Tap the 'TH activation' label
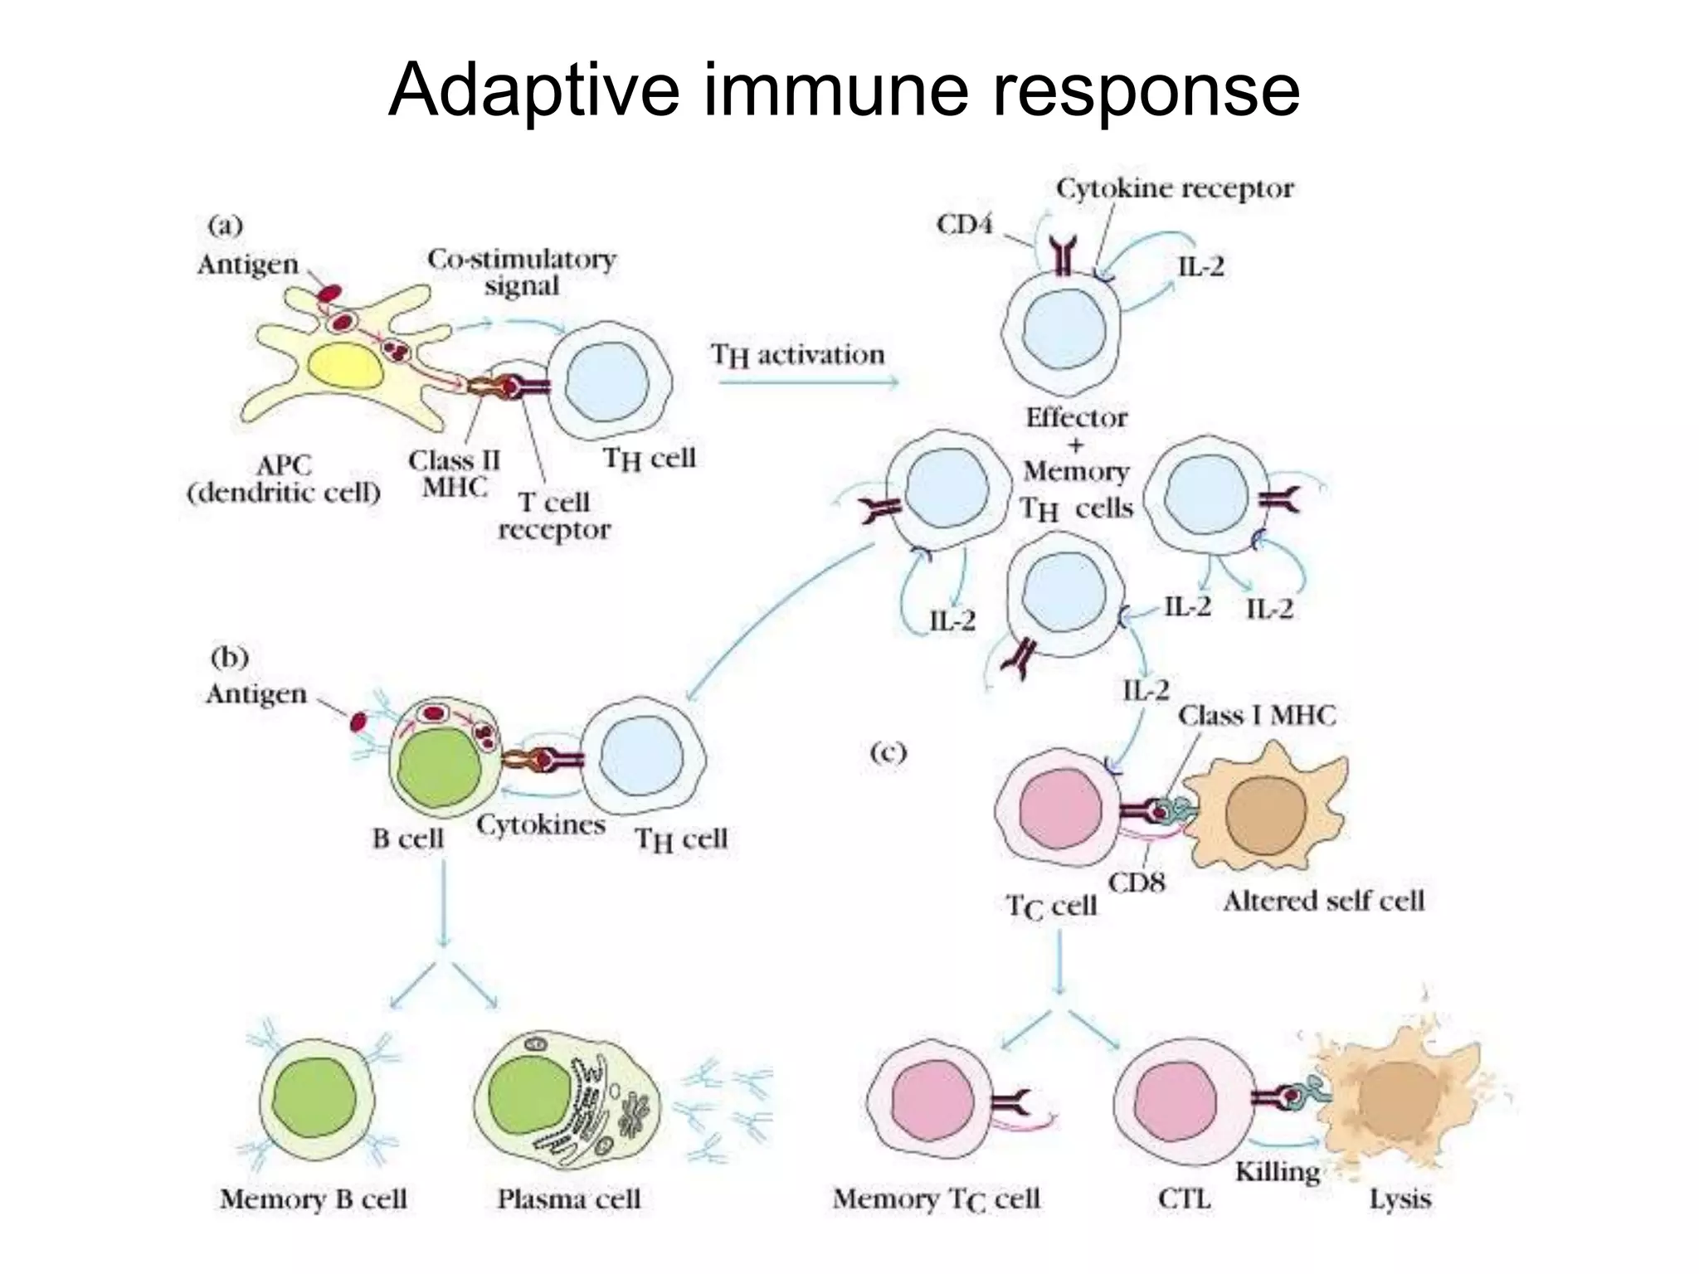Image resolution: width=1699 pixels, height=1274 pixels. (x=798, y=356)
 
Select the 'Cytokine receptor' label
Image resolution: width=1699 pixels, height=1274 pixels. (x=1175, y=189)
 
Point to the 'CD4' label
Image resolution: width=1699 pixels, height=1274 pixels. (x=963, y=224)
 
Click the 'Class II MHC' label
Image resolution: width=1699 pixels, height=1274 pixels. (x=454, y=474)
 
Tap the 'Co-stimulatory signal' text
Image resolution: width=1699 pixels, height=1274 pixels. (x=522, y=272)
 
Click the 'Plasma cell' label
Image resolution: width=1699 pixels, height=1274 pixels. (x=569, y=1199)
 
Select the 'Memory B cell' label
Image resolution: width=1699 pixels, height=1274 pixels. (x=314, y=1199)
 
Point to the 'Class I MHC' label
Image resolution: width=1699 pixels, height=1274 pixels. (x=1257, y=715)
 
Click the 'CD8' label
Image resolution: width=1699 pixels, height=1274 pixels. (x=1137, y=883)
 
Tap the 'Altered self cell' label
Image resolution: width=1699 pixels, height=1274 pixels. (x=1323, y=901)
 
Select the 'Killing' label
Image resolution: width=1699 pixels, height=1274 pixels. (x=1277, y=1172)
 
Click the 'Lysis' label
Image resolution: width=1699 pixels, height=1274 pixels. (x=1400, y=1199)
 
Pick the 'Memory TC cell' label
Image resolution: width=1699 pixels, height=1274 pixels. (x=936, y=1199)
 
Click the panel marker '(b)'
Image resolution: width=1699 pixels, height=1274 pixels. (x=229, y=658)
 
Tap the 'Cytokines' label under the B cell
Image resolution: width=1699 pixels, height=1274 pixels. (x=540, y=825)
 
